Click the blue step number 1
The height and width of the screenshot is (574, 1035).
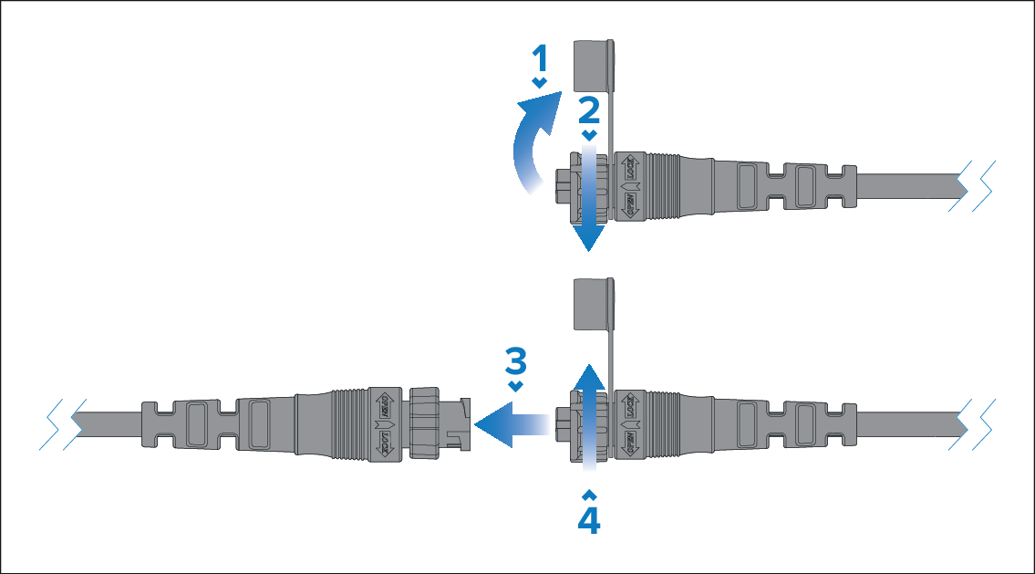[540, 60]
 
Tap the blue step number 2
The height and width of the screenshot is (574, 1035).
[589, 110]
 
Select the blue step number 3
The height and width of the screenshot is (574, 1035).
[516, 362]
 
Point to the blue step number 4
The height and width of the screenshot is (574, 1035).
[589, 519]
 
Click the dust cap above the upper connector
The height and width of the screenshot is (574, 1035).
[592, 65]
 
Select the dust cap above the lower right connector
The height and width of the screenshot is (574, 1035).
[592, 304]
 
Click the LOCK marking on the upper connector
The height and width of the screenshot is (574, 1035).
[628, 169]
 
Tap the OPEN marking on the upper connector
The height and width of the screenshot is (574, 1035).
[628, 203]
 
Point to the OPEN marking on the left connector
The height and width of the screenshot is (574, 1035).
[384, 404]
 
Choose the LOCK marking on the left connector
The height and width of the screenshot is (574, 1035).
[384, 442]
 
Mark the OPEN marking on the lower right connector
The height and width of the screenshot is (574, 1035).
[628, 442]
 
